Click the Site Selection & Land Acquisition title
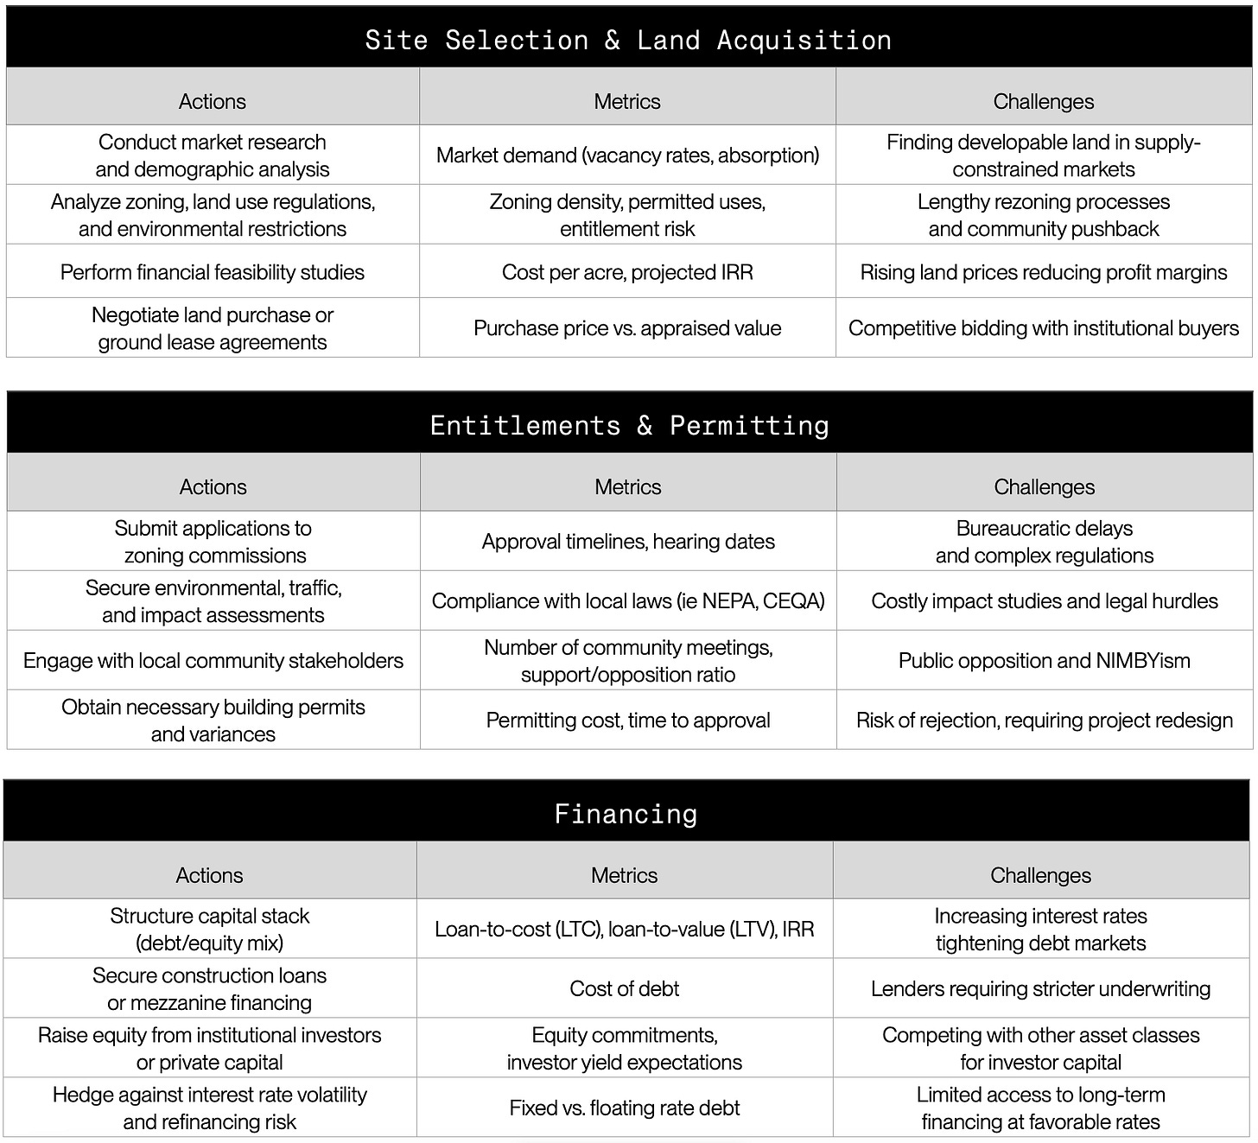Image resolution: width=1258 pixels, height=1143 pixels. pos(628,40)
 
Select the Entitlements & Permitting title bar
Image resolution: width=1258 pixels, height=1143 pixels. pos(629,425)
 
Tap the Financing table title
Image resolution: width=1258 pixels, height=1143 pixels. pos(626,814)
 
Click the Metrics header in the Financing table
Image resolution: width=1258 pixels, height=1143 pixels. pos(624,875)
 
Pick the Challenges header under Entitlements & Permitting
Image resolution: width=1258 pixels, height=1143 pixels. pos(1044,486)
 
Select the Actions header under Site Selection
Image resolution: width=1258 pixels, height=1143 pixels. pos(213,101)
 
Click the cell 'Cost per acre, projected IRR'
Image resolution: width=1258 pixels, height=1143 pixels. pos(627,272)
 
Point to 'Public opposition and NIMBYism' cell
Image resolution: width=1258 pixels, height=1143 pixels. pos(1044,660)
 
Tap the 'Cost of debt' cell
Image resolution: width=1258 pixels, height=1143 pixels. pos(624,988)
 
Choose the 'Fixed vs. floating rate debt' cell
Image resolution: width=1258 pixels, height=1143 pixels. pos(624,1108)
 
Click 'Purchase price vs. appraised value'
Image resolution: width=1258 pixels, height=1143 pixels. pos(627,327)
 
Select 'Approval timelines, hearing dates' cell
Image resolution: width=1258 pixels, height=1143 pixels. pos(628,541)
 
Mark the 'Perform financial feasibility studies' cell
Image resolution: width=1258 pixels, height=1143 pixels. pos(213,272)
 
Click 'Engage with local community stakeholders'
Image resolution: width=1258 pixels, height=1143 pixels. pos(213,660)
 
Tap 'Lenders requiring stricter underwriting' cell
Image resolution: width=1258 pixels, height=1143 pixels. pos(1040,988)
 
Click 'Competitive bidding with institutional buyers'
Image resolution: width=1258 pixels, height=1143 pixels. pos(1043,327)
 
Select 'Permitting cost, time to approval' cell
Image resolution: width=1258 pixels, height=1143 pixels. pos(628,720)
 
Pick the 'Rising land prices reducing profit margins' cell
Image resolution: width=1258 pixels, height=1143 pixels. pos(1043,272)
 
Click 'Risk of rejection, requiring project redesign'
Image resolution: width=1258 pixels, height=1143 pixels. pos(1044,720)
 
